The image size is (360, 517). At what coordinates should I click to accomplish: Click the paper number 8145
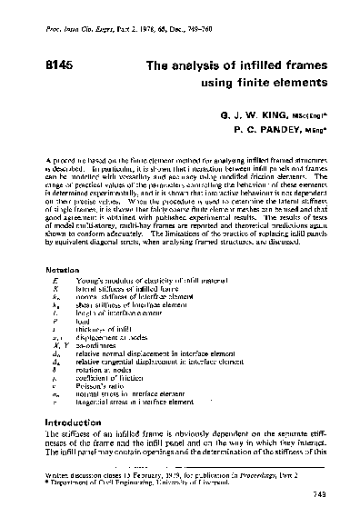[x=60, y=65]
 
